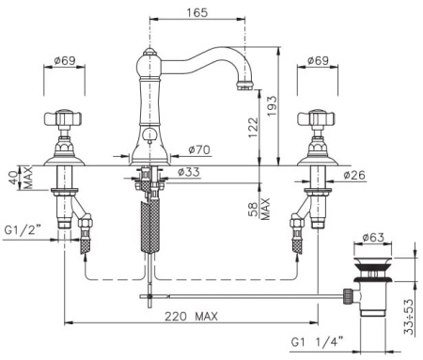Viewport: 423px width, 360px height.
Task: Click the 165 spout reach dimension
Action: [197, 12]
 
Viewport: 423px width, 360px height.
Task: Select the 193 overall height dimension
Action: [272, 106]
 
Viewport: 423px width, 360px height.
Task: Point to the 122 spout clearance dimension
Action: [253, 127]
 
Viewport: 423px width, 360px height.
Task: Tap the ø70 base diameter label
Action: [199, 149]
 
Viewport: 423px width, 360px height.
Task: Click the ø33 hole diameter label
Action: [189, 172]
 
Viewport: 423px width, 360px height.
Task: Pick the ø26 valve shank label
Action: [354, 175]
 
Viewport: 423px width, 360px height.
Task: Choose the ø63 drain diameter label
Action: [373, 238]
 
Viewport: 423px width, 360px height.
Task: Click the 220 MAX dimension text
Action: [191, 316]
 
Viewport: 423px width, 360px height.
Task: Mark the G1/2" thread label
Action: [23, 230]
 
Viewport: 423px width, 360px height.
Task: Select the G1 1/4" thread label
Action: [317, 341]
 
